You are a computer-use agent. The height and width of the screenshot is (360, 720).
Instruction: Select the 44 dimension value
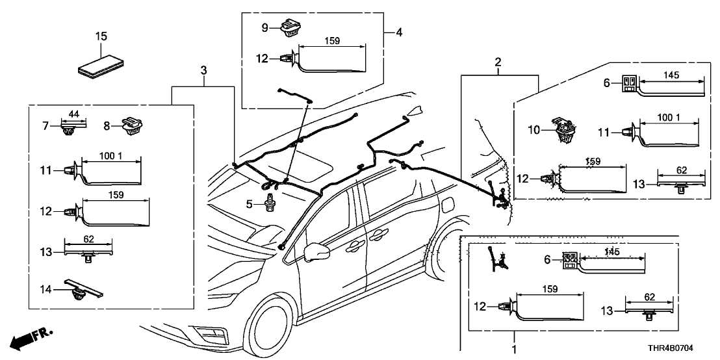(73, 114)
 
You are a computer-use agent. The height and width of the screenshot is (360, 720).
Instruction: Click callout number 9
(265, 27)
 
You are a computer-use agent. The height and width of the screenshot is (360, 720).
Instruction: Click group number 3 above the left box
(203, 70)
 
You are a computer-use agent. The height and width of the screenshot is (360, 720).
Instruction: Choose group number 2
(498, 62)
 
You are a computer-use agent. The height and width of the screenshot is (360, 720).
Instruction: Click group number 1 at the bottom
(515, 349)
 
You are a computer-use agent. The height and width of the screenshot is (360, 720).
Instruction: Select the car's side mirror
(316, 251)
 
